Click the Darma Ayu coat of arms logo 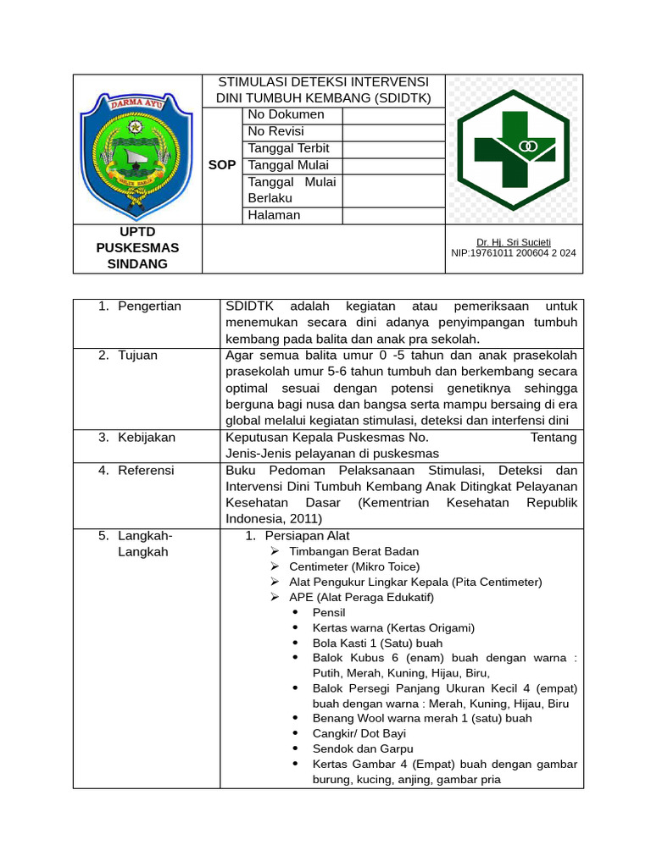pyautogui.click(x=136, y=148)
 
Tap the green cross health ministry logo pyautogui.click(x=514, y=149)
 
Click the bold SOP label pyautogui.click(x=222, y=165)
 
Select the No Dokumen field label pyautogui.click(x=286, y=114)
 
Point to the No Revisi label pyautogui.click(x=275, y=131)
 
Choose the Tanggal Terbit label pyautogui.click(x=288, y=148)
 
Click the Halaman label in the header pyautogui.click(x=274, y=215)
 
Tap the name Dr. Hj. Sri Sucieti pyautogui.click(x=513, y=242)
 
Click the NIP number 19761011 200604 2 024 pyautogui.click(x=514, y=253)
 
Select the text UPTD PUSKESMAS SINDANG pyautogui.click(x=137, y=247)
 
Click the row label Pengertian pyautogui.click(x=149, y=306)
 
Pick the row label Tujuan pyautogui.click(x=137, y=356)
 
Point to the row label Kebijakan pyautogui.click(x=146, y=438)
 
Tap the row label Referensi pyautogui.click(x=145, y=471)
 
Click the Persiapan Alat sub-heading pyautogui.click(x=307, y=536)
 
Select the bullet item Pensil pyautogui.click(x=329, y=612)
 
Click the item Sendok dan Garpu pyautogui.click(x=363, y=748)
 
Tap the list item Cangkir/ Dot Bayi pyautogui.click(x=359, y=733)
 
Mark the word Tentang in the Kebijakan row pyautogui.click(x=553, y=438)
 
